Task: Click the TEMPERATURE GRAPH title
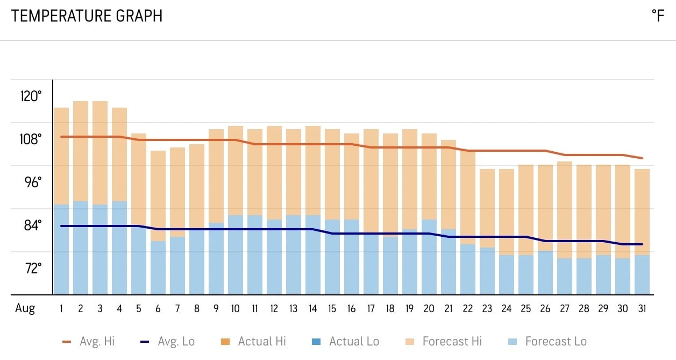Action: (x=87, y=16)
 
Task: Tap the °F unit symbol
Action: (x=658, y=16)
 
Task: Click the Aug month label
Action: (x=25, y=309)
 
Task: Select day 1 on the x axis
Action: (x=61, y=309)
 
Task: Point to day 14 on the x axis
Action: (x=312, y=309)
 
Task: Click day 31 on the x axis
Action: (x=642, y=309)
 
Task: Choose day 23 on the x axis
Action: (x=487, y=309)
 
